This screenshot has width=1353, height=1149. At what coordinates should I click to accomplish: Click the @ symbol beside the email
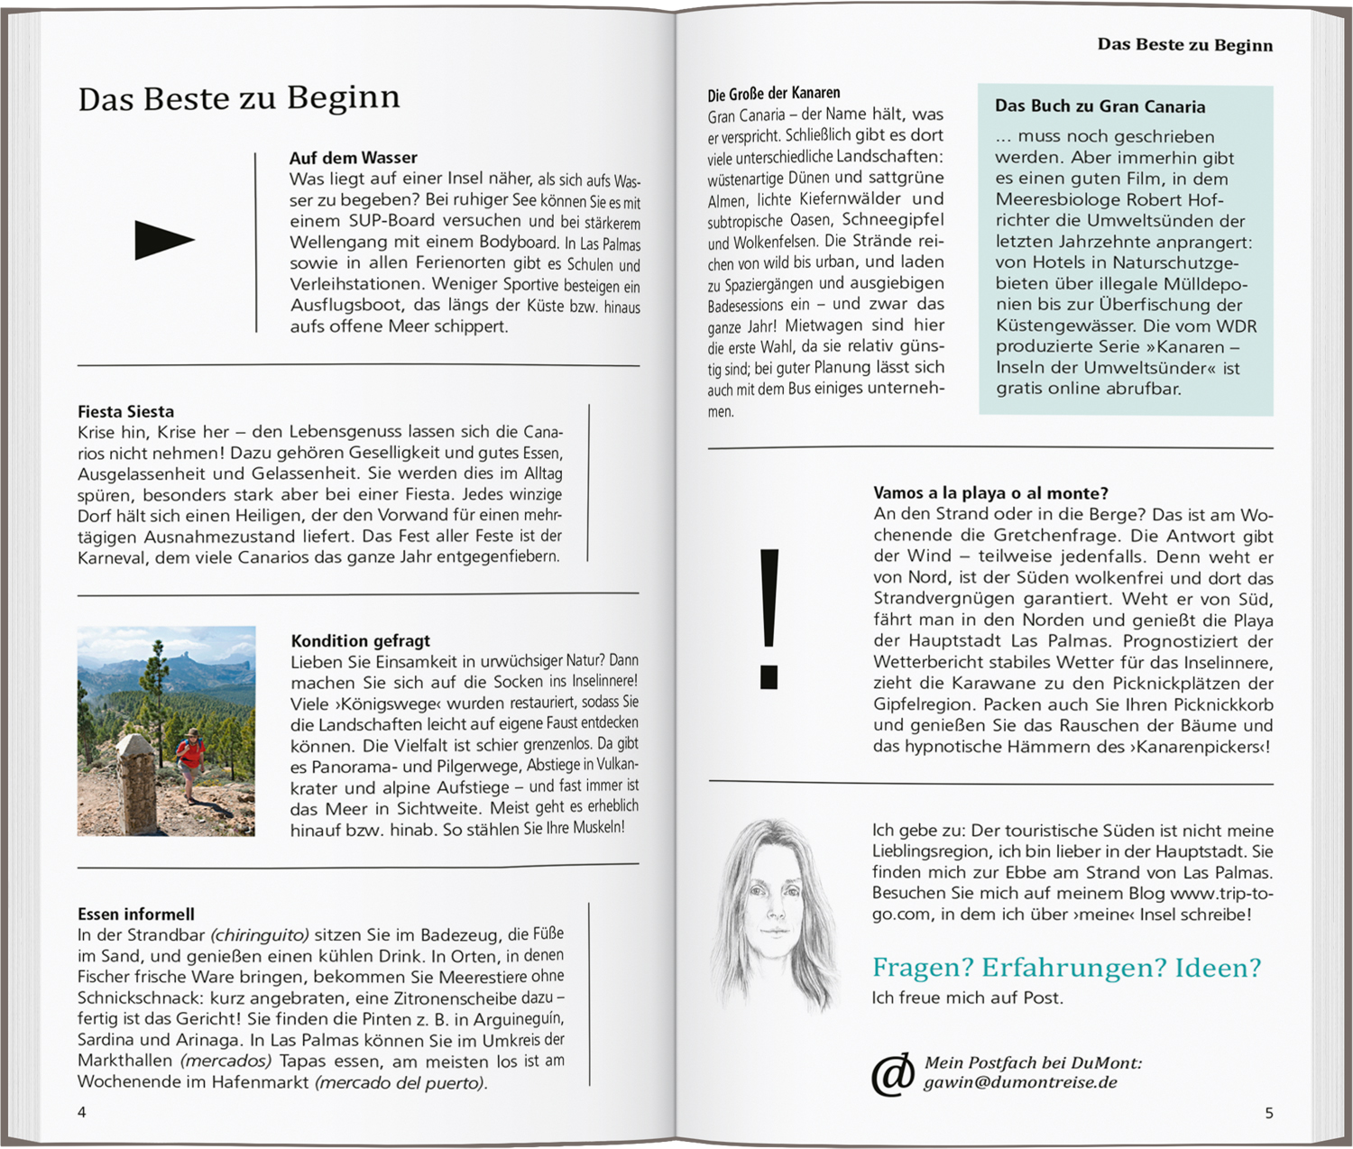892,1074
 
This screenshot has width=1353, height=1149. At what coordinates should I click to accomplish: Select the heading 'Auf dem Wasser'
353,158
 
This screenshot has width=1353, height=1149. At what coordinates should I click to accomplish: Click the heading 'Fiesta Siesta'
125,412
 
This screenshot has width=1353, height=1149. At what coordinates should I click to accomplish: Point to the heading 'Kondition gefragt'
360,641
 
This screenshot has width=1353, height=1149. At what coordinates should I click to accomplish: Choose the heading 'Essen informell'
135,915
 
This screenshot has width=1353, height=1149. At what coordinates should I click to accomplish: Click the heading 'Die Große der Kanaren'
773,93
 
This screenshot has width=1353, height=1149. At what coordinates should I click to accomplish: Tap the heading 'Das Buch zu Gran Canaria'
1100,106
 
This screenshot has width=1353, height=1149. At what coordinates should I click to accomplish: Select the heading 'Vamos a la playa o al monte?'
990,493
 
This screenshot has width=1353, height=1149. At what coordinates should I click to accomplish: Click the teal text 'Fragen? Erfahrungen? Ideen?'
1066,968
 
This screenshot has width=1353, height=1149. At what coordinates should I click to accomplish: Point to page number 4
82,1112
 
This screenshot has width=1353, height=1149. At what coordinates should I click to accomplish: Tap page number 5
1268,1113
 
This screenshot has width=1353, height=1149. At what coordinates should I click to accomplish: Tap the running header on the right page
1184,45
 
